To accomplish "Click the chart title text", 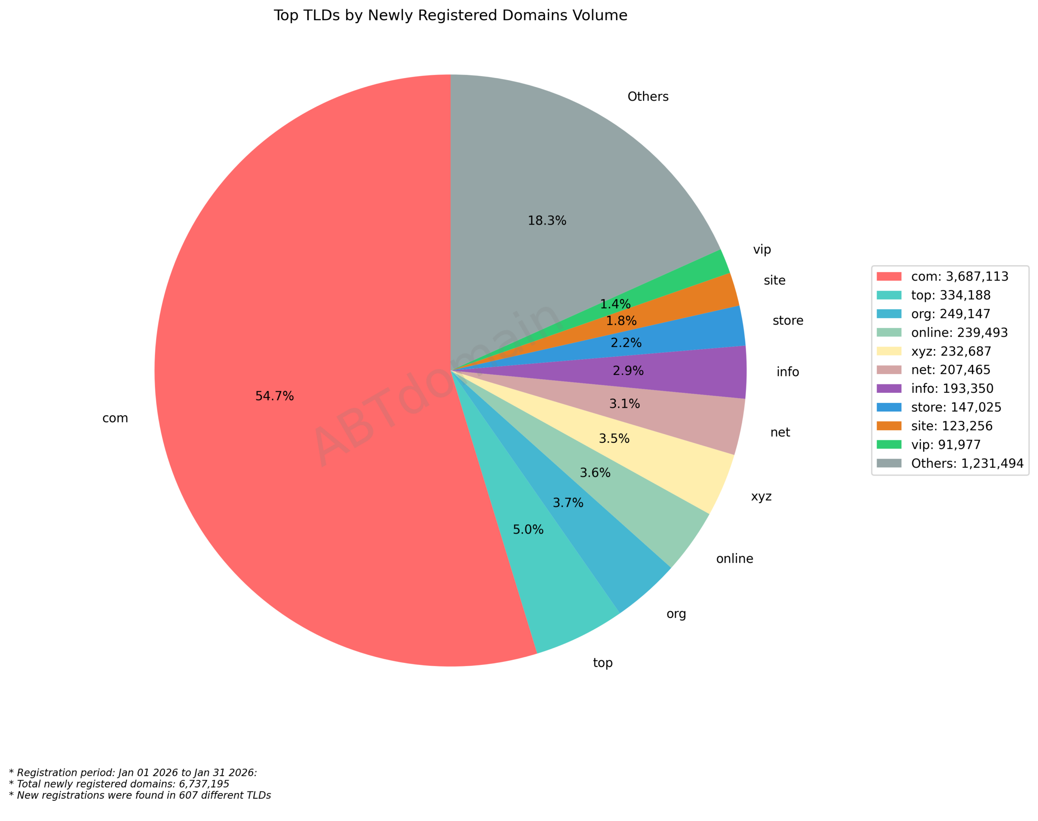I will [x=450, y=15].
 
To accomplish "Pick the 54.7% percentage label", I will [x=274, y=396].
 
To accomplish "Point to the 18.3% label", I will [x=547, y=221].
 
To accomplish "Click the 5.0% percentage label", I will [x=528, y=530].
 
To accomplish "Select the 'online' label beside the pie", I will [x=734, y=559].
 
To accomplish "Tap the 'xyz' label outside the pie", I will [x=761, y=496].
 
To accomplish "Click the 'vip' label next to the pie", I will [x=761, y=249].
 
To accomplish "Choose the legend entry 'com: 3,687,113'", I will [x=959, y=277].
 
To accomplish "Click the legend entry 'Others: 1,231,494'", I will [x=967, y=463].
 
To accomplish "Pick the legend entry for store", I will [x=956, y=407].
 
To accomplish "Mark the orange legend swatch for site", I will [x=888, y=426].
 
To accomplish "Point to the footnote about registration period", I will [x=133, y=773].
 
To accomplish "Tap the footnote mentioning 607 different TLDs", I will [x=139, y=795].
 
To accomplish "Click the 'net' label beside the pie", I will [x=780, y=433].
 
